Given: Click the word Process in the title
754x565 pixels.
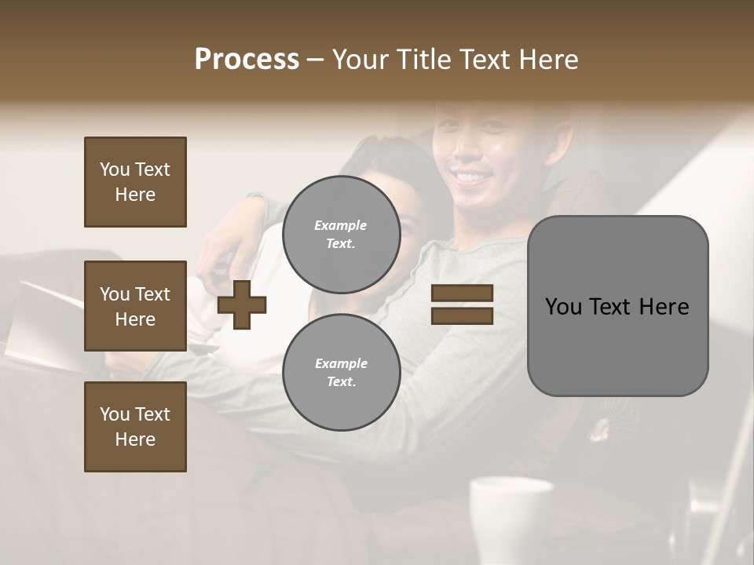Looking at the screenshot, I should [247, 60].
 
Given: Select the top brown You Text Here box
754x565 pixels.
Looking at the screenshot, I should [135, 182].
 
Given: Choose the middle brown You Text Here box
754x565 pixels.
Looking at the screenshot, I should [135, 306].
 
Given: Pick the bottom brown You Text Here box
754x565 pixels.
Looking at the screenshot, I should [135, 427].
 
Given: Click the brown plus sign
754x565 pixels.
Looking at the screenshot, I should [242, 304].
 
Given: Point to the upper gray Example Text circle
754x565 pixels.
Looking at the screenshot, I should [341, 234].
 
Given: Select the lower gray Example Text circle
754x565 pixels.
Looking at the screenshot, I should [341, 372].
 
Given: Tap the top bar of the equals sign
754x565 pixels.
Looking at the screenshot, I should [462, 293].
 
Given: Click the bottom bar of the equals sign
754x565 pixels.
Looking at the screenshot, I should [462, 315].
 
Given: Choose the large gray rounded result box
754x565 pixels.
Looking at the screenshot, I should [617, 305].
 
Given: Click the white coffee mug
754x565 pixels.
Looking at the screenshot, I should [511, 518].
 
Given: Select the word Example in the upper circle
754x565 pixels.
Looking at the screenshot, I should [341, 225].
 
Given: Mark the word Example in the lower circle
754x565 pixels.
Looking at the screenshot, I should [341, 363].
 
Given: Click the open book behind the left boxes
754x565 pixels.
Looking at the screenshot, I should [47, 322].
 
